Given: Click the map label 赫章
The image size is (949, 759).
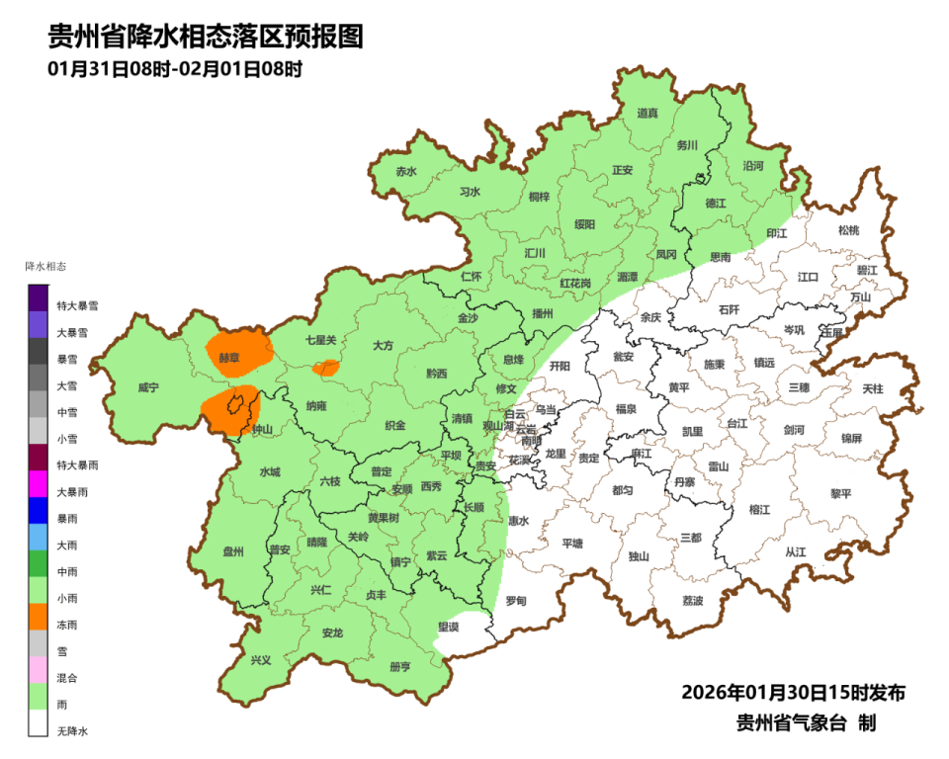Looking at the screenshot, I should [229, 357].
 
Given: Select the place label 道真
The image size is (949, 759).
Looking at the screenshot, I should [647, 114].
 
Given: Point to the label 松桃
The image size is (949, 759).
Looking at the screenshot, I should [848, 230].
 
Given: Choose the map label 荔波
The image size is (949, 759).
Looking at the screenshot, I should [693, 601].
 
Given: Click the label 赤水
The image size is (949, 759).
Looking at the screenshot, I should [406, 171].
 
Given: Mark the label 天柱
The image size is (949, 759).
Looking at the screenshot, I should [873, 389].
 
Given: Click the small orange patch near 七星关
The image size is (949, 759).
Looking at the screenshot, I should [325, 369].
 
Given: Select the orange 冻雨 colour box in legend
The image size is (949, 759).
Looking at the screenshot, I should [39, 617].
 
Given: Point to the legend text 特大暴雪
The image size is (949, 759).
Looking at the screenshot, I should [77, 306].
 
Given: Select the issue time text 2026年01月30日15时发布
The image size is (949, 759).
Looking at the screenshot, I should [793, 692].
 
